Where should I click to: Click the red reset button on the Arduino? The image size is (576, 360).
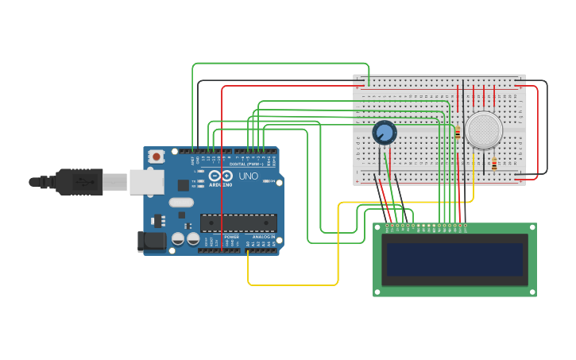tap(157, 157)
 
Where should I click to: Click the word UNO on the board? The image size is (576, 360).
tap(249, 176)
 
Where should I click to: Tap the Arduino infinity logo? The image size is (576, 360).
tap(220, 176)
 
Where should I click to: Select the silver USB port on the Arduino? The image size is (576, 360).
tap(146, 182)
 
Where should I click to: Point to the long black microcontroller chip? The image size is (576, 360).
tap(238, 223)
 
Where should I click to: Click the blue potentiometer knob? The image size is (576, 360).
tap(385, 132)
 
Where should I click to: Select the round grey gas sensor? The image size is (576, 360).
tap(483, 130)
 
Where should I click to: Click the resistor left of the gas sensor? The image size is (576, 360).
tap(458, 133)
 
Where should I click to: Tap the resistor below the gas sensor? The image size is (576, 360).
tap(494, 165)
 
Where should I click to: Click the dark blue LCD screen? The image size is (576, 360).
tap(454, 259)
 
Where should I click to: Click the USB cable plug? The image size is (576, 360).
tap(79, 182)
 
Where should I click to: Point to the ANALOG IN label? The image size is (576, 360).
tap(264, 237)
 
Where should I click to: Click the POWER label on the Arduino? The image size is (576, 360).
tap(231, 237)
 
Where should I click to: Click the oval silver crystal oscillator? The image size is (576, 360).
tap(181, 202)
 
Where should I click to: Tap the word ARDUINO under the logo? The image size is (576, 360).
tap(220, 184)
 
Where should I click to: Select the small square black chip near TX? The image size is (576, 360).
tap(184, 185)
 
